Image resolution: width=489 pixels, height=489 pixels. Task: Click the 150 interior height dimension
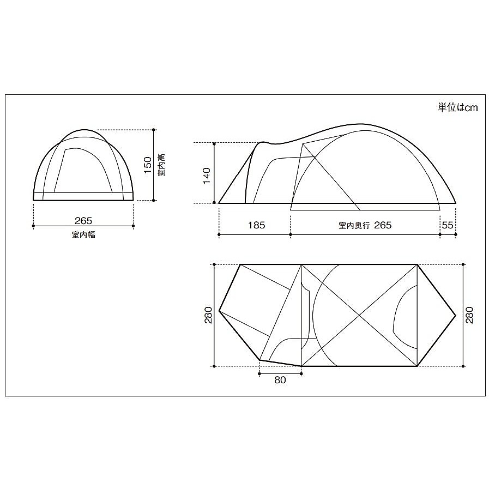[148, 165]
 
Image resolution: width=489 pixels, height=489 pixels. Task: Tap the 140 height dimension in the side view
[207, 176]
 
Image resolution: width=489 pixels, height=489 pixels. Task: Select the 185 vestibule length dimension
[256, 225]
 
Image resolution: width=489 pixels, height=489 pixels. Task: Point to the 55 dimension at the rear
[448, 225]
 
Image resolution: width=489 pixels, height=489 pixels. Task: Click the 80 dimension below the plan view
[280, 380]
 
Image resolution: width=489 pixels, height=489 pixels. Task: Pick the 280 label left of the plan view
[208, 315]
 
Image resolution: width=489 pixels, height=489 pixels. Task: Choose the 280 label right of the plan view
[469, 315]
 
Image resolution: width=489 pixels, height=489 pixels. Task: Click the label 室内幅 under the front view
[83, 234]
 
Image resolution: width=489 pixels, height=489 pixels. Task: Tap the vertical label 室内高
[161, 165]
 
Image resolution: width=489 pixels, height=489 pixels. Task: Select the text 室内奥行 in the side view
[354, 226]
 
